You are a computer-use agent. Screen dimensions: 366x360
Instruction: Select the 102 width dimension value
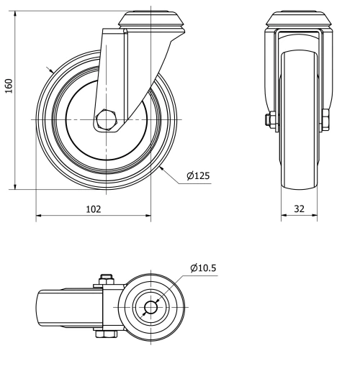click(93, 209)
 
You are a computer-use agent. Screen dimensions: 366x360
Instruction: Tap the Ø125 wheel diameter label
click(197, 175)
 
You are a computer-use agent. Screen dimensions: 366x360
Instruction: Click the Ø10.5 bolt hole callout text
click(203, 268)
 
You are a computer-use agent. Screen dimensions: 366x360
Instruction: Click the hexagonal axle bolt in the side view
click(107, 119)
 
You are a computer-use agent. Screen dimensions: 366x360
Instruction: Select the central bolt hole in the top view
click(150, 308)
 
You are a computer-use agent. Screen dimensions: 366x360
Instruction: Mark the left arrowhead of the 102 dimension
click(39, 215)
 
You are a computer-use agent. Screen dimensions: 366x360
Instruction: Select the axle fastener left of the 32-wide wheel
click(271, 119)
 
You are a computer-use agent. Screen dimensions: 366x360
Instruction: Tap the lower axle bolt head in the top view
click(107, 336)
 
